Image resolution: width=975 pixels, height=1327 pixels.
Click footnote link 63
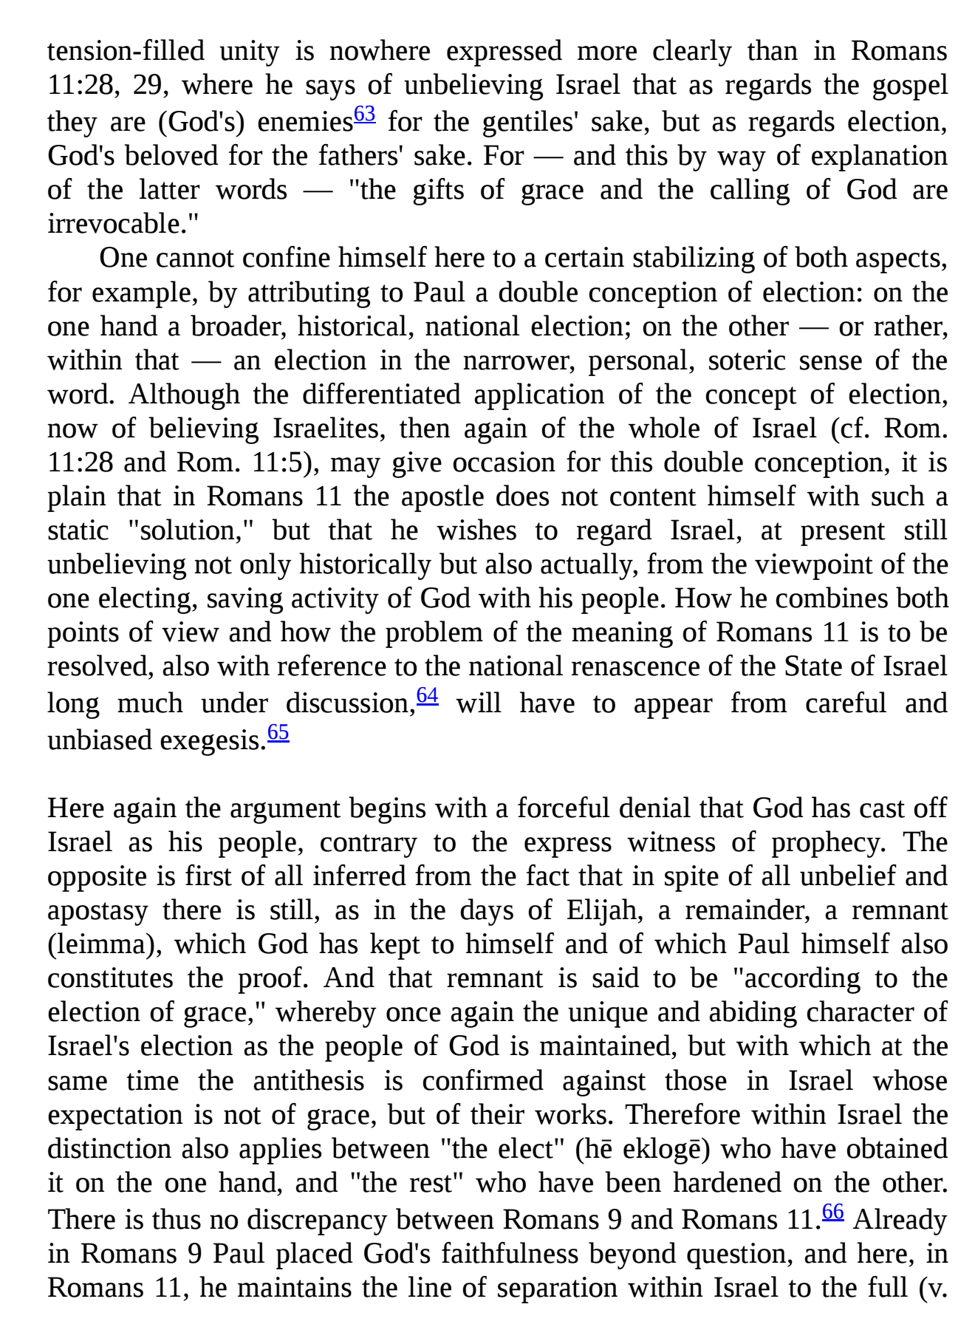coord(365,115)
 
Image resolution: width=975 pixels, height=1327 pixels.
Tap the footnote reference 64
coord(428,695)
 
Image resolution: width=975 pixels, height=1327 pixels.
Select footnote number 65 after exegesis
coord(278,732)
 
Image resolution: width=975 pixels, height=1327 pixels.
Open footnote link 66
coord(833,1212)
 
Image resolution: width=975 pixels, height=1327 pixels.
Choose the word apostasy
coord(97,911)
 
